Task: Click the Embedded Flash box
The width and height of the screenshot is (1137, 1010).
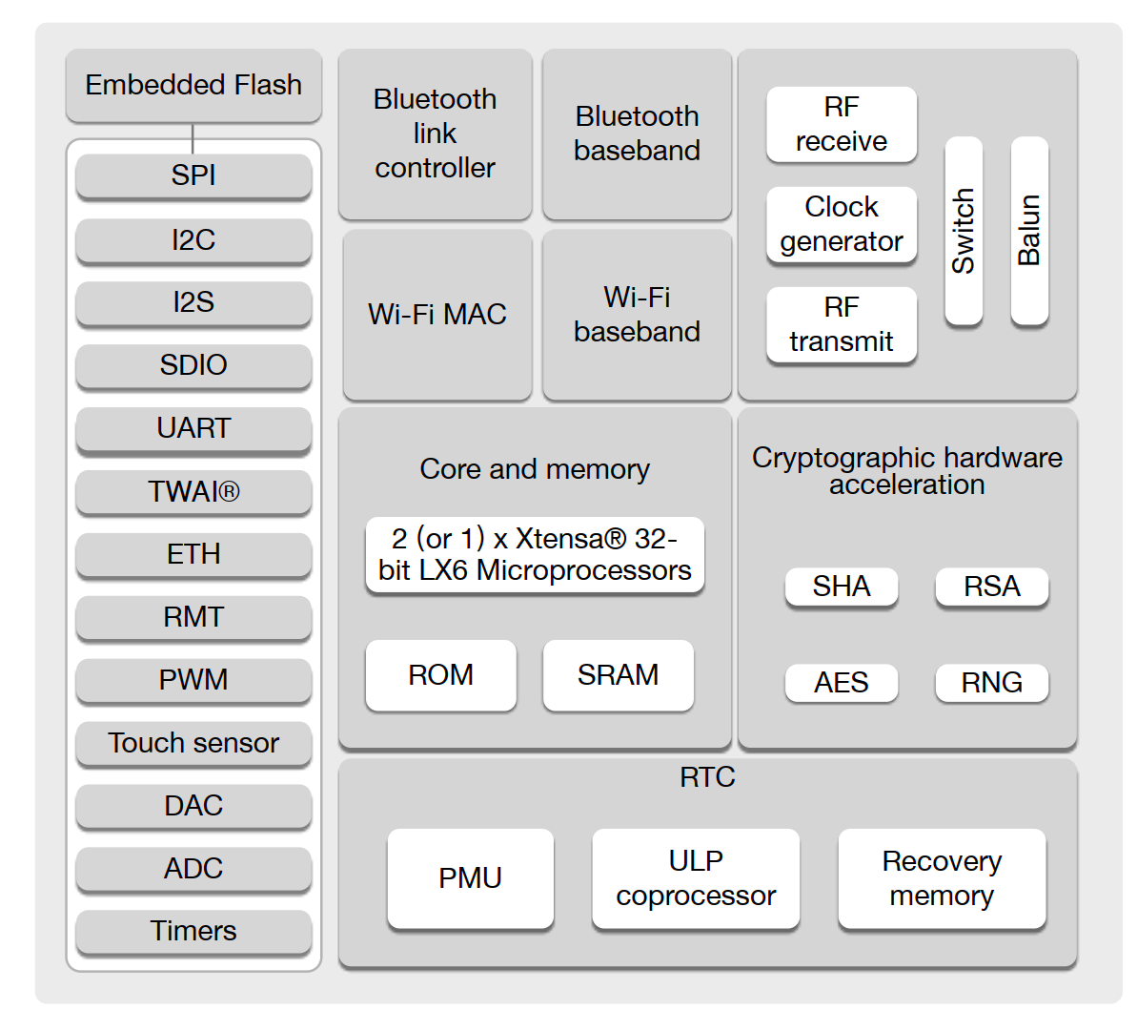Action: (193, 86)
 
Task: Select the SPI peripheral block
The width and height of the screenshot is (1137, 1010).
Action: (193, 175)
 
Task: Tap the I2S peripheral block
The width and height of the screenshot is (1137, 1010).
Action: (193, 302)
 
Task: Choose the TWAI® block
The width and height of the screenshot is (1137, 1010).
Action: (193, 491)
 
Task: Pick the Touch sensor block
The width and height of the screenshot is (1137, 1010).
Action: (193, 743)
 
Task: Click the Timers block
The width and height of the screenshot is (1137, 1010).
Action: (193, 931)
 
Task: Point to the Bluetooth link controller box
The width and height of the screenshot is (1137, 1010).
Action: (435, 134)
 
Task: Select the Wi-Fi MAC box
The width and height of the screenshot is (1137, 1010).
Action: (437, 315)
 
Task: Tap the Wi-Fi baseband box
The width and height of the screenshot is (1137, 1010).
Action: (637, 315)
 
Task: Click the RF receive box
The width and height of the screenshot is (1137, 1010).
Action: (842, 124)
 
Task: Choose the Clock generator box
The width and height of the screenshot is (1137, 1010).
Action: (842, 224)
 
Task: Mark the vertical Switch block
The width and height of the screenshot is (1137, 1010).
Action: (964, 231)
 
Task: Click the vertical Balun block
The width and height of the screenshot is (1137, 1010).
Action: (1029, 231)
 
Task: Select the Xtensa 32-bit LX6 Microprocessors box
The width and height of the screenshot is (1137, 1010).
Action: (535, 554)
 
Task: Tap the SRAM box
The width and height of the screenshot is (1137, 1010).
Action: (618, 675)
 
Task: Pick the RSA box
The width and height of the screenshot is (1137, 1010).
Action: (992, 587)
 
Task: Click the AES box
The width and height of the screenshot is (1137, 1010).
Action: (842, 683)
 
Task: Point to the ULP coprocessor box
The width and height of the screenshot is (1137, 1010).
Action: (696, 878)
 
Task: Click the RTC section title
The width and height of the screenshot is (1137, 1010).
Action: (707, 777)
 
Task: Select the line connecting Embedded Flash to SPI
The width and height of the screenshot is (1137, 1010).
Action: (193, 138)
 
